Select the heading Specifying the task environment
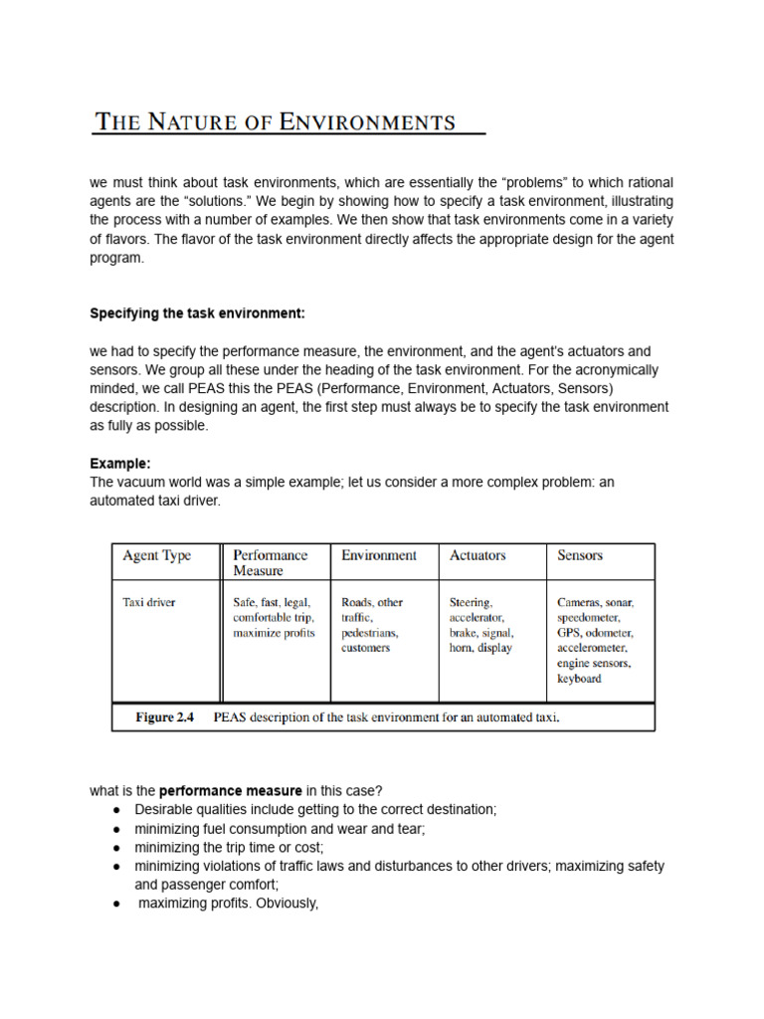click(x=197, y=313)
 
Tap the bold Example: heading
click(x=120, y=464)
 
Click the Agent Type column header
click(x=156, y=555)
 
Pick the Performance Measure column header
click(x=270, y=562)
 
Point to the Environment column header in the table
click(x=378, y=555)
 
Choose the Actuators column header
click(x=477, y=555)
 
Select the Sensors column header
click(x=580, y=555)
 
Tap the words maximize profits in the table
click(x=274, y=633)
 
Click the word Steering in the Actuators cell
click(x=471, y=602)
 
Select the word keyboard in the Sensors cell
click(x=579, y=679)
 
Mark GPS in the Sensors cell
click(x=569, y=633)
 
